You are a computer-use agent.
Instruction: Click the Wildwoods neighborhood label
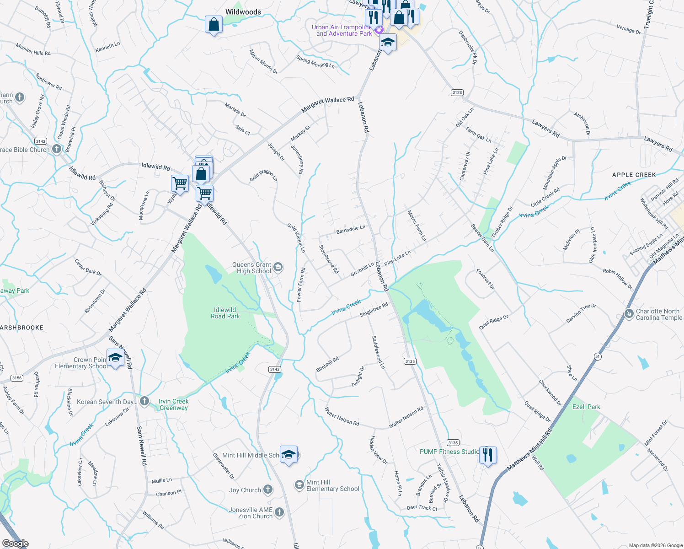pos(243,12)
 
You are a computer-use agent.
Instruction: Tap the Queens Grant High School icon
pos(278,267)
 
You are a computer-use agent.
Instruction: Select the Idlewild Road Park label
pos(225,313)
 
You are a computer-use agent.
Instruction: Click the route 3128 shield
pos(457,92)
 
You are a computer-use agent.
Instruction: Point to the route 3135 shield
pos(410,361)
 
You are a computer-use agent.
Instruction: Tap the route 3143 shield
pos(274,369)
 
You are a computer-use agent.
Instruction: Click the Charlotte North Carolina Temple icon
pos(629,314)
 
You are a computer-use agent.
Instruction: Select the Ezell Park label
pos(586,407)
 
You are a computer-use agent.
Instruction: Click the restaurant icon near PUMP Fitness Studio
pos(488,455)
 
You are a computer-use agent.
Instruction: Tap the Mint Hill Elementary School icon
pos(299,485)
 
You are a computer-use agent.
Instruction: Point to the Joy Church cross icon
pos(268,490)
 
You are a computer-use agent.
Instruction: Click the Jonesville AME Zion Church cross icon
pos(279,512)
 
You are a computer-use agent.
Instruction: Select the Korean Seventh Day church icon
pos(144,402)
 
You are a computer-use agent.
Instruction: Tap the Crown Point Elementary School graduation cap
pos(115,358)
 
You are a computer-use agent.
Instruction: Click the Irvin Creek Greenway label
pos(173,404)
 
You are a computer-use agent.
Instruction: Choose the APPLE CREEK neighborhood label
pos(634,175)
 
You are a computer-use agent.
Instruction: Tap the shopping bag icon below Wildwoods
pos(214,24)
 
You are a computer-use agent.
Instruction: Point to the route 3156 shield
pos(17,378)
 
